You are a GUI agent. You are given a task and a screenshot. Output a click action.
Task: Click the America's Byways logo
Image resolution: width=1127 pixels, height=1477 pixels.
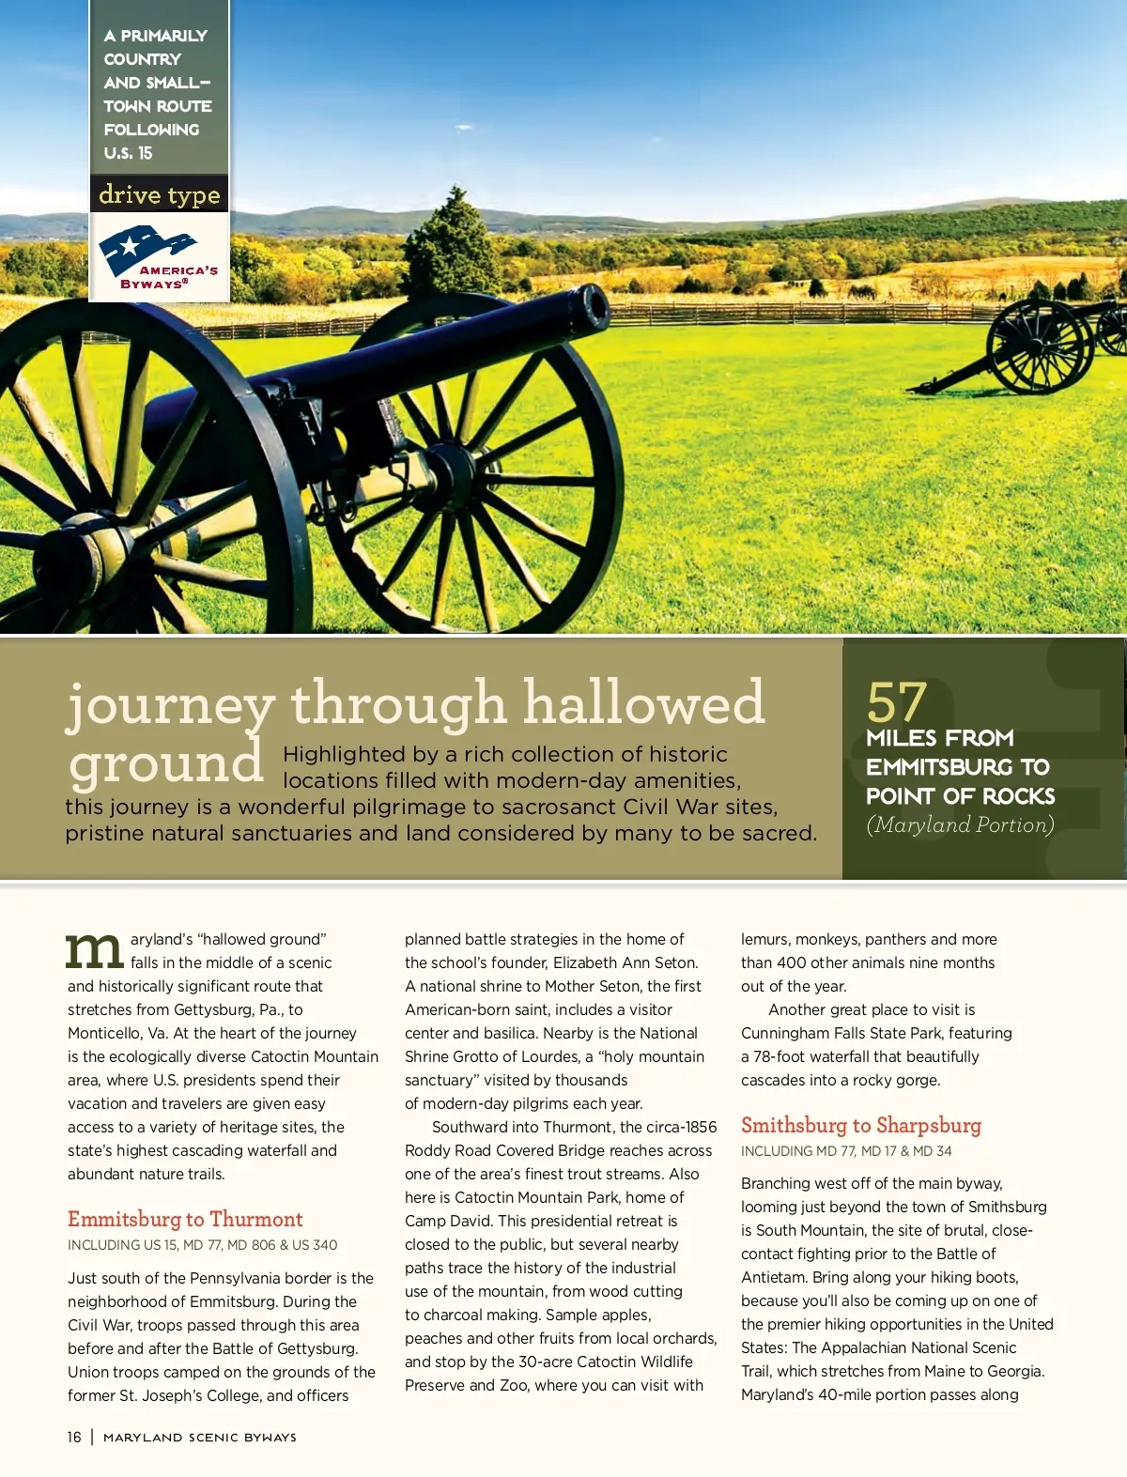[x=158, y=257]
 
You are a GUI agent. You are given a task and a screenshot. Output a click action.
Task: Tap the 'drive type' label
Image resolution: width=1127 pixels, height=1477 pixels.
[x=159, y=194]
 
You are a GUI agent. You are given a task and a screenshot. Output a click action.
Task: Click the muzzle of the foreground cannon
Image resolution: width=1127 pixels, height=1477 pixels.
[x=594, y=307]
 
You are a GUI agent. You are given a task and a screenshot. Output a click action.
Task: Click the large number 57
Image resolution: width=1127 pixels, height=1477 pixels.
[x=897, y=701]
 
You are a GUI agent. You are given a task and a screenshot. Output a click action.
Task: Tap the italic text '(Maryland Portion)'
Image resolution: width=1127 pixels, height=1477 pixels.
[x=960, y=824]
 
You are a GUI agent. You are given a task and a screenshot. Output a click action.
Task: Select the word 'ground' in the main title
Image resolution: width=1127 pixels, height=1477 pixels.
[x=166, y=762]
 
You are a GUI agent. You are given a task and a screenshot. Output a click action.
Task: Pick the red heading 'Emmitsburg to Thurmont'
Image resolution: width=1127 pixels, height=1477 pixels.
[x=185, y=1219]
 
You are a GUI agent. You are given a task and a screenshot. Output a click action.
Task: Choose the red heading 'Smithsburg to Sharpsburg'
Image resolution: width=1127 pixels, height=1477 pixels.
[x=861, y=1125]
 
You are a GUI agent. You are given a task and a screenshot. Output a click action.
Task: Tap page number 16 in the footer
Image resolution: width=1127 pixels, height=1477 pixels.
[x=74, y=1437]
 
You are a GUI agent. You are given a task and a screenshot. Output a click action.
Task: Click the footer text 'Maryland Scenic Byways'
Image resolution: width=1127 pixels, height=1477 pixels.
[x=200, y=1438]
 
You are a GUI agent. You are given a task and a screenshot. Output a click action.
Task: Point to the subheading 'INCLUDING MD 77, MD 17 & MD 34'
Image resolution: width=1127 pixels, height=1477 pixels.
[x=846, y=1151]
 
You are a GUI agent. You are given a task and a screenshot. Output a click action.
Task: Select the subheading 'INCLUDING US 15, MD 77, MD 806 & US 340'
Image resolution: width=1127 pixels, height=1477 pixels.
[x=202, y=1245]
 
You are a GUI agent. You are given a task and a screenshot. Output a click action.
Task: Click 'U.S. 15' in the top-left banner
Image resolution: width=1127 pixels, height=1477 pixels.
[x=129, y=153]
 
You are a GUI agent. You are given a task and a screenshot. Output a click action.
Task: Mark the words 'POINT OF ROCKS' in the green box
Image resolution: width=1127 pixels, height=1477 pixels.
[x=960, y=796]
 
